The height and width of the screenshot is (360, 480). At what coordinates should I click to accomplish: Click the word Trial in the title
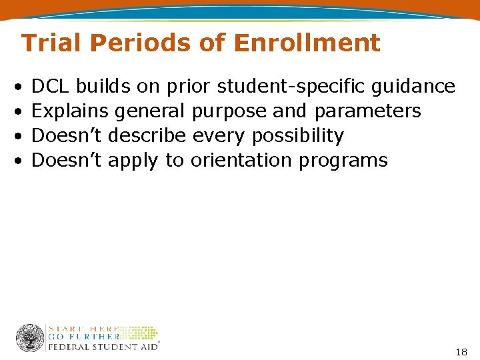[x=53, y=43]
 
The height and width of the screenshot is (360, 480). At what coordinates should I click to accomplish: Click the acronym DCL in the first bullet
[x=51, y=86]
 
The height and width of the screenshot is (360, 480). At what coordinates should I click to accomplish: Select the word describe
[x=147, y=135]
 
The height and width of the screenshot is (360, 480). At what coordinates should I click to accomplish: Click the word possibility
[x=297, y=136]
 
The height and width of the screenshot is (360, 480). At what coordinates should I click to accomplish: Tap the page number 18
[x=461, y=351]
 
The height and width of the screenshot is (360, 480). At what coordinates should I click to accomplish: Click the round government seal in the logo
[x=30, y=338]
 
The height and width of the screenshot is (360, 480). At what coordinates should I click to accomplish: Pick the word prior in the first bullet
[x=189, y=87]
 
